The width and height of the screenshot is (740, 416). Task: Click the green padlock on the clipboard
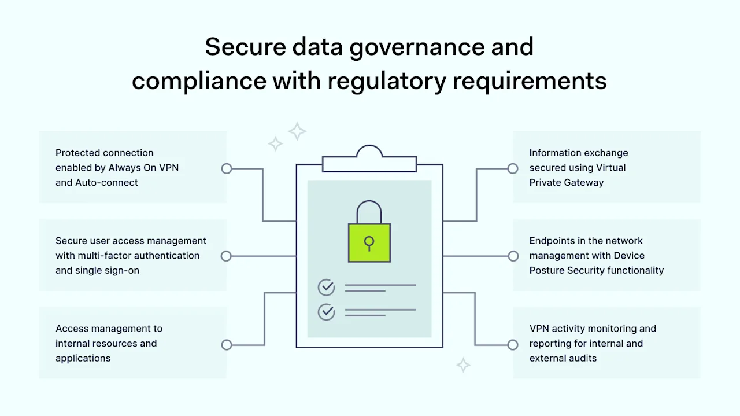[x=369, y=242]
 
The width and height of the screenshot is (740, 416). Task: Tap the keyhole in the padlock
[x=369, y=241]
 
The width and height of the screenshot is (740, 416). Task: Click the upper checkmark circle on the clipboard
[x=327, y=287]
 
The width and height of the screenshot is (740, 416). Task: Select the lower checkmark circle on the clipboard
[x=327, y=312]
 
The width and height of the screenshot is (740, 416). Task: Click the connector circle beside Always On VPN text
[x=227, y=168]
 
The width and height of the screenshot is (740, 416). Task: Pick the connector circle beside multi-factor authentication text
[x=227, y=256]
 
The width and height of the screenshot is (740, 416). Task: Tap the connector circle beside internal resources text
[x=227, y=345]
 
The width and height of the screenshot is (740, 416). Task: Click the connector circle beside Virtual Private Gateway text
[x=513, y=168]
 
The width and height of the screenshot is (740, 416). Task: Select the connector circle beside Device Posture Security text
[x=513, y=256]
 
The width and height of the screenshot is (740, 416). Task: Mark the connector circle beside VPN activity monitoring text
[x=513, y=345]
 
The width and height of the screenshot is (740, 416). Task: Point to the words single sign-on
[x=107, y=270]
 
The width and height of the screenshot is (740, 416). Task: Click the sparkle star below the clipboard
[x=463, y=365]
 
